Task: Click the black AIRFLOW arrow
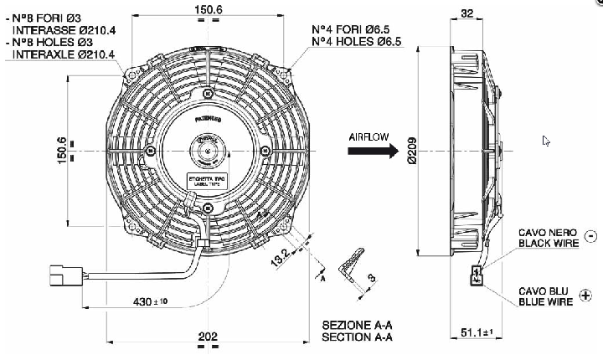(x=373, y=152)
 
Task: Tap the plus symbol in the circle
(x=585, y=294)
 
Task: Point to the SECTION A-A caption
(x=357, y=337)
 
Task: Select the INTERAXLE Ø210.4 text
(x=63, y=54)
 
